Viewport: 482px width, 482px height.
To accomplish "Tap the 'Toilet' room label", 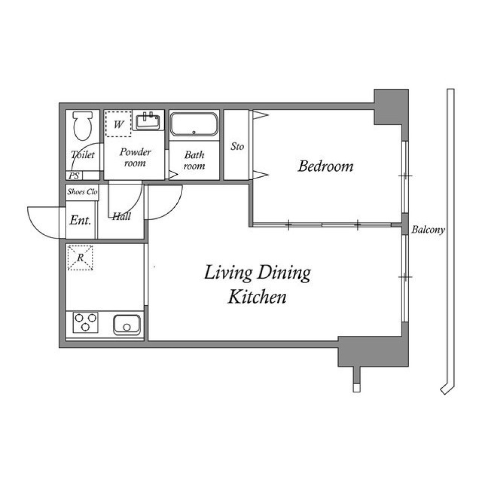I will pos(82,155).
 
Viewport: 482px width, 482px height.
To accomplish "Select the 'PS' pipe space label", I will pos(74,176).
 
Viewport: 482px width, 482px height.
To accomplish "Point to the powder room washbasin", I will pos(149,121).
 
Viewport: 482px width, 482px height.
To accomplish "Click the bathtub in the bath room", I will pos(194,124).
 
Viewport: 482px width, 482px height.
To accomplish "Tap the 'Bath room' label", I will pos(194,160).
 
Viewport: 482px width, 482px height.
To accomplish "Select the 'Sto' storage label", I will pos(237,147).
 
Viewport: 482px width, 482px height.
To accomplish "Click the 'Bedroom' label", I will pos(325,166).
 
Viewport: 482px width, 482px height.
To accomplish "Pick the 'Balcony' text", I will pos(428,230).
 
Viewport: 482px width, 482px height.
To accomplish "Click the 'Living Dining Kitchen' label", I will pos(257,285).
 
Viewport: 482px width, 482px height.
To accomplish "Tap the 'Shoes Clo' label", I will pos(82,192).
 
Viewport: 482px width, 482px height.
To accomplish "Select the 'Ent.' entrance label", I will pos(80,220).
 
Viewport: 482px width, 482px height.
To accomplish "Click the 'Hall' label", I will pos(121,216).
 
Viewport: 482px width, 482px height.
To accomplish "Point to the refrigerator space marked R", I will pos(80,258).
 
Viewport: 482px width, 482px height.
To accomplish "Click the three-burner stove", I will pos(85,322).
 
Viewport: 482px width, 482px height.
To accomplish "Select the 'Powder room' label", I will pos(135,157).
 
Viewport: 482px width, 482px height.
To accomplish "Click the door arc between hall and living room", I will pos(166,203).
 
